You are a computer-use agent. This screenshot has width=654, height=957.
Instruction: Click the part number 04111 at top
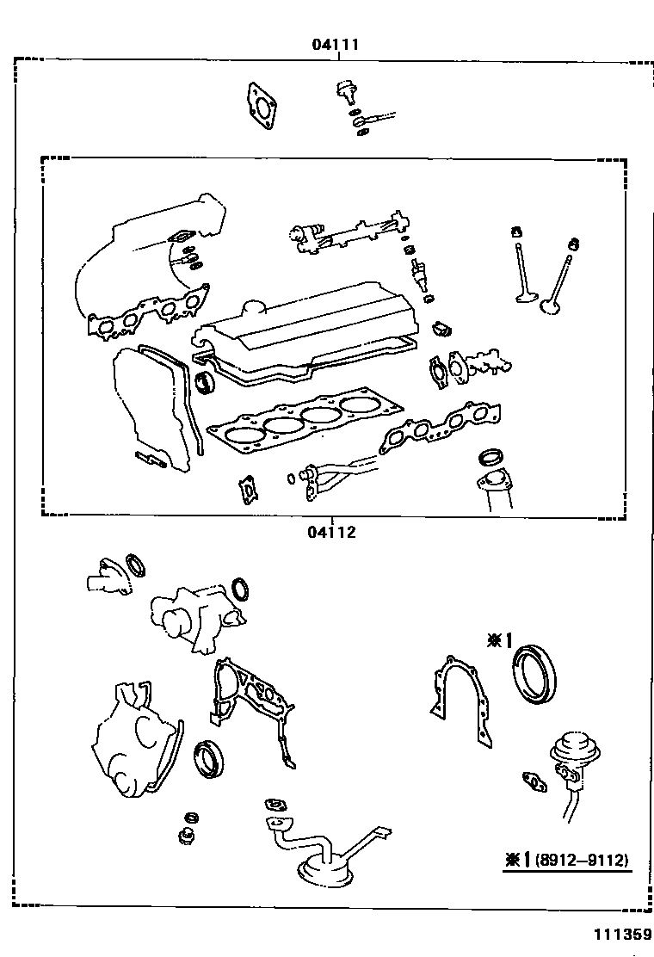[336, 44]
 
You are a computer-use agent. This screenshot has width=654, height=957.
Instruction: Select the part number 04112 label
[331, 532]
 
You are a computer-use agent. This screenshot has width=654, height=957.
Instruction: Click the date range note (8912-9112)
[582, 859]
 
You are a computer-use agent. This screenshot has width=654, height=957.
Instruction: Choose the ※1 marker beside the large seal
[499, 639]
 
